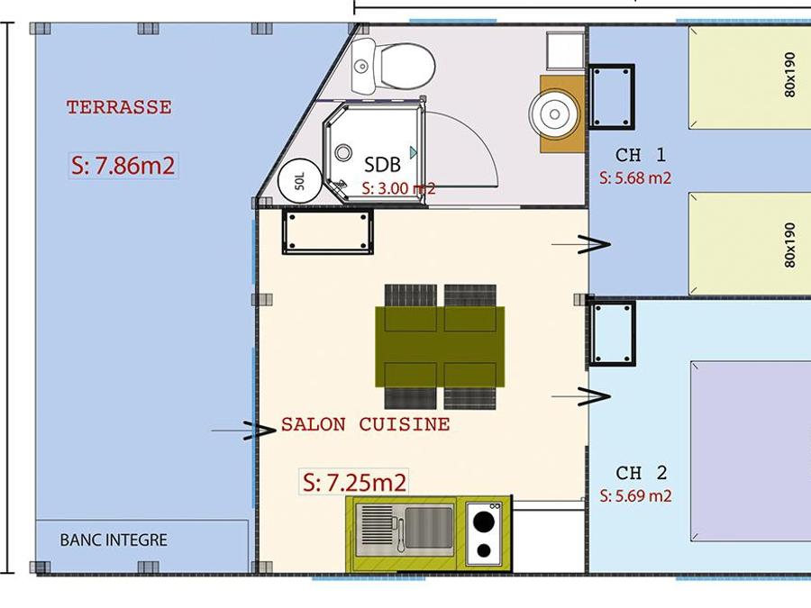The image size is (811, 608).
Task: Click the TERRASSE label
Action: (119, 107)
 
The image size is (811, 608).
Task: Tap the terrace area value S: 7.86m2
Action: (123, 166)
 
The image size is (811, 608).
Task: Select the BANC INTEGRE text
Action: (114, 540)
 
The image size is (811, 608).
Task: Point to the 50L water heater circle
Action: (300, 181)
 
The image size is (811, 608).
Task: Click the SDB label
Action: (382, 165)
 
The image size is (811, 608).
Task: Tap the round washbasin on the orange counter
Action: (554, 113)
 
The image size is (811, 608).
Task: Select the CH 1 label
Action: (641, 155)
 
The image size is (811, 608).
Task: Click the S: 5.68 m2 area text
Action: (635, 178)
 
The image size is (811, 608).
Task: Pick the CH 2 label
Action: (642, 473)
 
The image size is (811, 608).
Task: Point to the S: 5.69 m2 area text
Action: (635, 496)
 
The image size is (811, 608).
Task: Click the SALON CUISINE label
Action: (365, 424)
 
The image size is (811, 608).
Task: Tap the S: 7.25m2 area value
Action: (354, 483)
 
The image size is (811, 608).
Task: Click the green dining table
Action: (440, 347)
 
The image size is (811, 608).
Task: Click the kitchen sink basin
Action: (429, 527)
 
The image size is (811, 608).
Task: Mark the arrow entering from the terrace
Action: (243, 431)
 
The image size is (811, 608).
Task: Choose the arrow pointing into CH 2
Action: (581, 396)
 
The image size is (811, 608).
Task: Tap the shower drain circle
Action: (343, 153)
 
